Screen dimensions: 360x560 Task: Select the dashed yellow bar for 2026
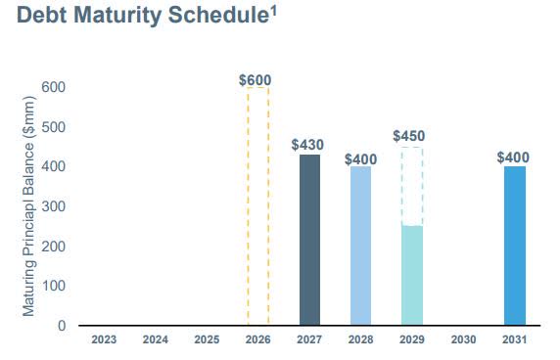point(257,206)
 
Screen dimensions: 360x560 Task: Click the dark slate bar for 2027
point(308,240)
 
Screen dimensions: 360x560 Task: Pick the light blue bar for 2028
point(360,246)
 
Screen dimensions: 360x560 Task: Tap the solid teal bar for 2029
point(411,276)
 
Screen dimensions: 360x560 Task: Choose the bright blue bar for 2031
point(514,246)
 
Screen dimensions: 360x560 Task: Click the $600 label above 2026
point(256,79)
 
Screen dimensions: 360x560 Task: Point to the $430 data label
point(307,145)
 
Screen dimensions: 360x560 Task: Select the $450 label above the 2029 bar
point(409,136)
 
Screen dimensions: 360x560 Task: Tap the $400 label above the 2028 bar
point(359,158)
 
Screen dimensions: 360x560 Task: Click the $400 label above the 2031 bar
point(513,157)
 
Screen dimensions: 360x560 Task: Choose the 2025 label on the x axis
point(206,341)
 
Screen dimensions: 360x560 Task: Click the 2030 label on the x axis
point(462,341)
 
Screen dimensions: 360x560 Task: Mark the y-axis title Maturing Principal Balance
point(29,205)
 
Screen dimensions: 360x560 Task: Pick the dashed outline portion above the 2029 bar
point(411,186)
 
